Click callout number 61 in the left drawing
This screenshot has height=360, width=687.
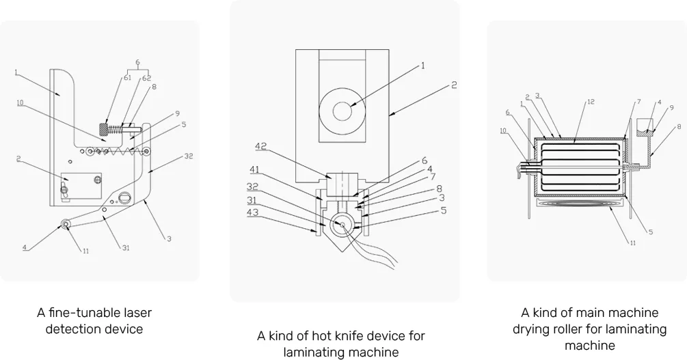pos(127,77)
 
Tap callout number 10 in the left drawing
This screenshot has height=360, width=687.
pos(21,102)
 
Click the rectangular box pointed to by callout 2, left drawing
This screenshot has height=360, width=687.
pos(81,186)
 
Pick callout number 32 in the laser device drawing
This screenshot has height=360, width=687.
pos(188,156)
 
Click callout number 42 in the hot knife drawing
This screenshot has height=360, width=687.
pos(261,146)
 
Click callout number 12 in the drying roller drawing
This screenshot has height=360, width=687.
pos(590,102)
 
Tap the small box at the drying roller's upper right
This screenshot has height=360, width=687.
pos(645,125)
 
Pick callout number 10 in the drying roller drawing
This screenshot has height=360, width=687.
pos(502,130)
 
